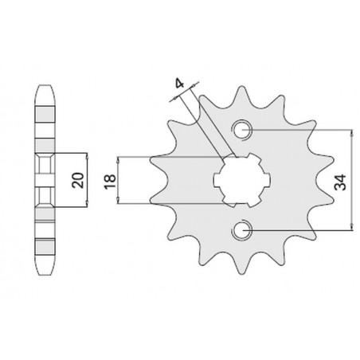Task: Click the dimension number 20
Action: [78, 180]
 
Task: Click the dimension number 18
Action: [110, 182]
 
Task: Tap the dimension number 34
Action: [340, 182]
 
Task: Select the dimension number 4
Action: [180, 84]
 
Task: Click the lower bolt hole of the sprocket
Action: [241, 230]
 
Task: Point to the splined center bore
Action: [242, 180]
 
